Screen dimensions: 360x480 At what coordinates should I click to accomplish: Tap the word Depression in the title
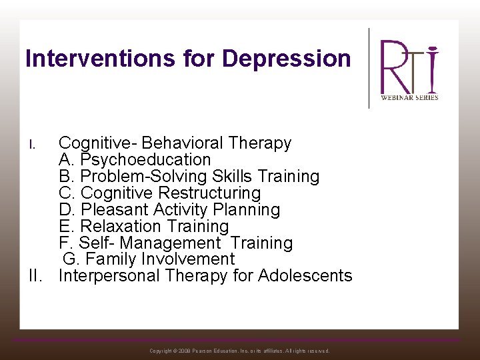tap(286, 59)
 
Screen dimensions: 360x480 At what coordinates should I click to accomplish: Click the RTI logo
tap(409, 67)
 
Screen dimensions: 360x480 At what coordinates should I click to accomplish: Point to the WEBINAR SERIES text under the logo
tap(409, 97)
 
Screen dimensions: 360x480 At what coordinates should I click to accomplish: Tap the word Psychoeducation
tap(145, 160)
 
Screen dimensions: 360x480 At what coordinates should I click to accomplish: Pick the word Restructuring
tap(209, 193)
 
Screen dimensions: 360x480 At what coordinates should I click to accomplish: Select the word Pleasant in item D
tap(113, 210)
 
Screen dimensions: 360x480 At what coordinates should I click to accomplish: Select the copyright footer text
tap(239, 351)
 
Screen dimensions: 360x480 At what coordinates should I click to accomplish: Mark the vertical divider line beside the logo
tap(369, 67)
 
